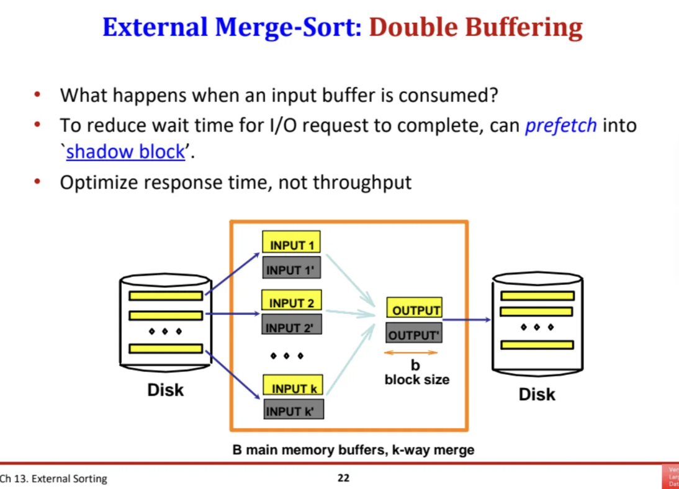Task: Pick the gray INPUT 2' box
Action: click(x=290, y=326)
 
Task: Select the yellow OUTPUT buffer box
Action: click(x=415, y=308)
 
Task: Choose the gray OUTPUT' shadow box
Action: click(x=414, y=334)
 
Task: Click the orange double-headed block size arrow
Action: click(x=411, y=352)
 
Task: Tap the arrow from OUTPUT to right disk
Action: click(x=467, y=320)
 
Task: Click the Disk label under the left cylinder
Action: click(x=165, y=390)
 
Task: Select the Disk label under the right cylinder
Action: click(x=537, y=394)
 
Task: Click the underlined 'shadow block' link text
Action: click(x=125, y=151)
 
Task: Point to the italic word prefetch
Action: click(x=560, y=125)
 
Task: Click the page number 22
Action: click(x=343, y=478)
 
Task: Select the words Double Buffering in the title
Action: click(x=475, y=27)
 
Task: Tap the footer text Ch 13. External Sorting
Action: click(x=53, y=478)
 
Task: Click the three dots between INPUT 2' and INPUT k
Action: click(x=287, y=356)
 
